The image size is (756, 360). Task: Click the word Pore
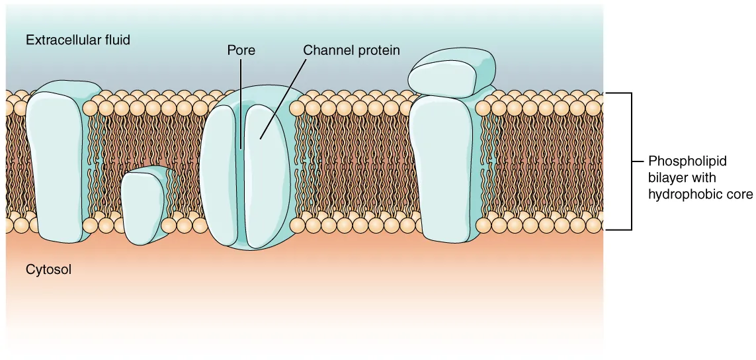[x=241, y=50]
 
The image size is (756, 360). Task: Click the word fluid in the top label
[x=117, y=40]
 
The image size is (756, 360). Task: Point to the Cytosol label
[x=48, y=269]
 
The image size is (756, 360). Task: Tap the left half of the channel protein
[x=220, y=175]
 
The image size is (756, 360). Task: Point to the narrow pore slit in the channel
[x=241, y=179]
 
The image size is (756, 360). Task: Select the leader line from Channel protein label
[x=284, y=96]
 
